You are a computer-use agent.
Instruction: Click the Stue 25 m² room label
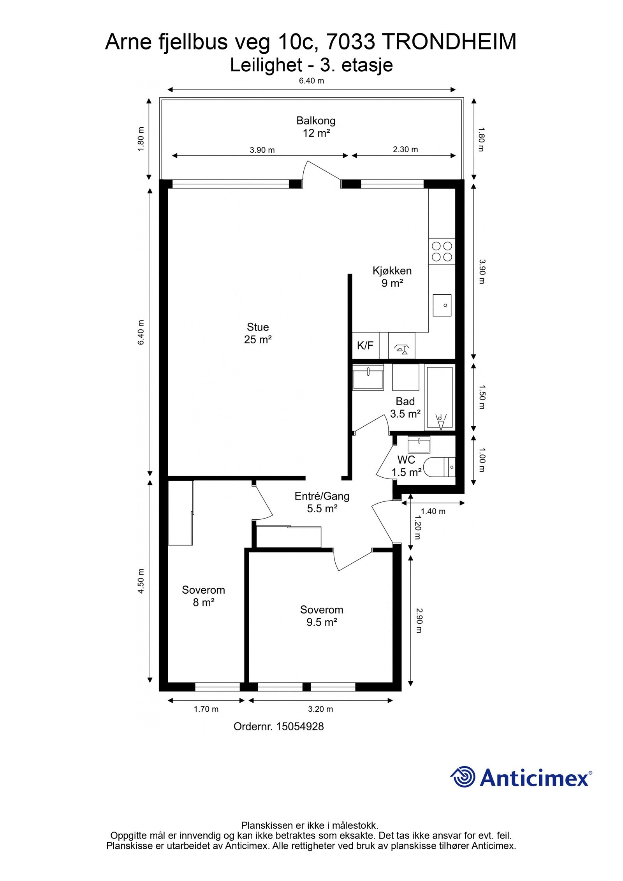pos(258,333)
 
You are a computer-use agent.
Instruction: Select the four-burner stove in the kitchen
pos(442,251)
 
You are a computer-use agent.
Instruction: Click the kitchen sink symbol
pos(442,305)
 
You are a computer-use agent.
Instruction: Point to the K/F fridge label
pos(365,345)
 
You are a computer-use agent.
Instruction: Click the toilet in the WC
pos(439,468)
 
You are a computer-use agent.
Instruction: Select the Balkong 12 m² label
pos(316,127)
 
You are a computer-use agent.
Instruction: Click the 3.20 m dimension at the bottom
pos(320,709)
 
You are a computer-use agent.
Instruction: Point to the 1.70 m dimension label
pos(206,709)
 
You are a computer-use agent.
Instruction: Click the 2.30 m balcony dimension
pos(405,149)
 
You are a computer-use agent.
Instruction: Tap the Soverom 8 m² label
pos(204,596)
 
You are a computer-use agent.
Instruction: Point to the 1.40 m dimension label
pos(433,511)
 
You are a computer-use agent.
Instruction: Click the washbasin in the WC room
pos(419,444)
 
